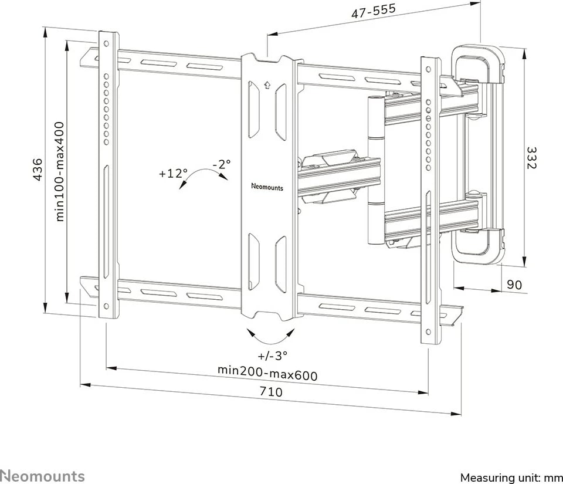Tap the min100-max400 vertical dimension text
click(60, 171)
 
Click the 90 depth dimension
click(514, 285)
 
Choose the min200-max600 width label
click(267, 372)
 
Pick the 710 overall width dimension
click(270, 391)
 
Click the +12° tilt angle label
click(173, 174)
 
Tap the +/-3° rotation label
click(272, 356)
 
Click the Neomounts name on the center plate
click(267, 188)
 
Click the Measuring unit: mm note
click(511, 477)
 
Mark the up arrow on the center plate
click(267, 83)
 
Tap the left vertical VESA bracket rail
click(108, 176)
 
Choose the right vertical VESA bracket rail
click(430, 199)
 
